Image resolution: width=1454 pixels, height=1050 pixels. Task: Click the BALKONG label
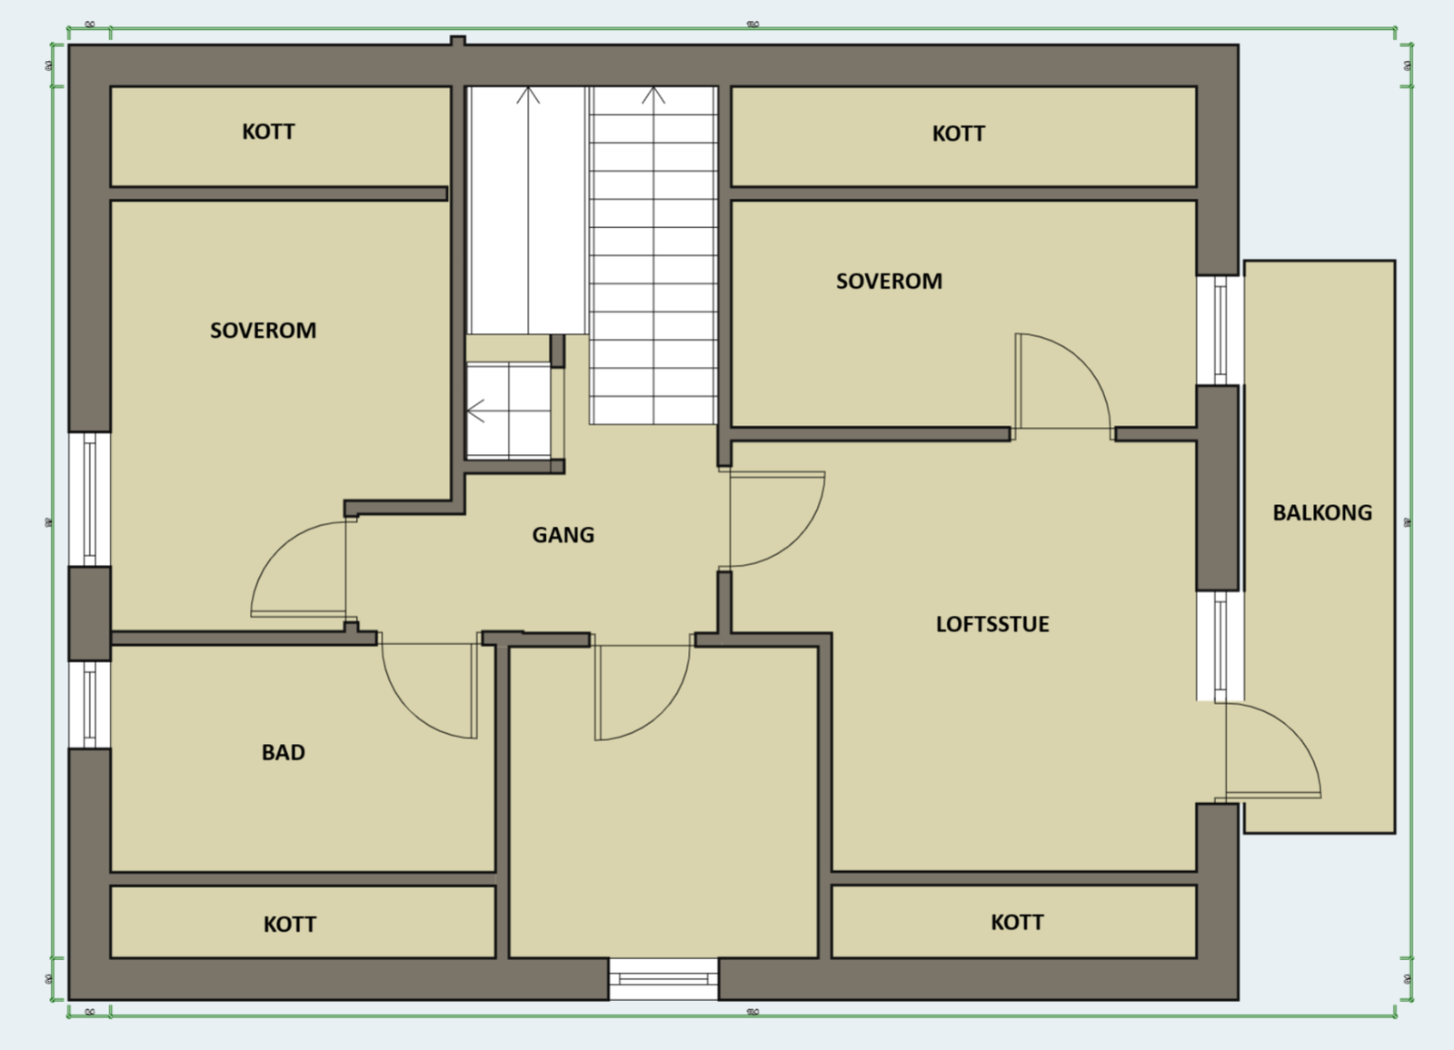click(x=1321, y=512)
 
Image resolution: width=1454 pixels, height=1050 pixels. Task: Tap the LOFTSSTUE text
click(x=992, y=624)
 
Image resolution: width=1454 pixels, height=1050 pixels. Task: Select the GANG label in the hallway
click(x=563, y=535)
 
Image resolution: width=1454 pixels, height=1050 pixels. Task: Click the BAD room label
click(x=283, y=752)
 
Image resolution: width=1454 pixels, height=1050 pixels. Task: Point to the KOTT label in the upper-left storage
click(x=268, y=132)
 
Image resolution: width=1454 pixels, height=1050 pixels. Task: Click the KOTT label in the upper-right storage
click(x=958, y=134)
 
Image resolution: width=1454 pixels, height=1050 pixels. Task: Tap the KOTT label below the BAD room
click(x=289, y=924)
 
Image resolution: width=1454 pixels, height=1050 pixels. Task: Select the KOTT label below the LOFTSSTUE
click(x=1016, y=922)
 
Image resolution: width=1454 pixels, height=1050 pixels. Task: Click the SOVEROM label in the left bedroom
click(x=263, y=330)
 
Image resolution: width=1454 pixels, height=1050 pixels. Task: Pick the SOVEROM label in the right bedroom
click(x=889, y=281)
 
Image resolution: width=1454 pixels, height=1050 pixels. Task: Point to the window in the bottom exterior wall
click(x=663, y=978)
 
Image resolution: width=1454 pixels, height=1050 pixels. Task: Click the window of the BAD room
click(x=89, y=705)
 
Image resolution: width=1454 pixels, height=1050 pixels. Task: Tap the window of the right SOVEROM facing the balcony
click(x=1220, y=330)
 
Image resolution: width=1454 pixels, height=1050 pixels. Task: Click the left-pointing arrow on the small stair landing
click(x=475, y=411)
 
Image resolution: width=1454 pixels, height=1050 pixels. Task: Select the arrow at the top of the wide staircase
click(x=653, y=95)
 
